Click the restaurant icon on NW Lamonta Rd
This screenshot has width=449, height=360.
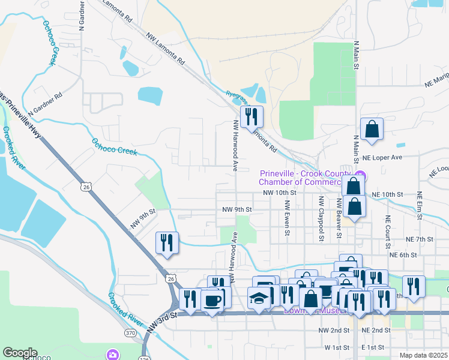point(251,116)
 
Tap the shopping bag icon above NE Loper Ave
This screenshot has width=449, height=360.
point(372,128)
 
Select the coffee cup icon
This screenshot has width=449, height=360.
point(211,299)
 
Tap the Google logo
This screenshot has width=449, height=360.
point(19,353)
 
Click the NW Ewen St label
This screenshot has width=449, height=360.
point(287,217)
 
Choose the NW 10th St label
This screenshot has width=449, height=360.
point(280,193)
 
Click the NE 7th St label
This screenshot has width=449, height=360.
point(419,239)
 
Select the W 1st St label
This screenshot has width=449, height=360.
point(337,347)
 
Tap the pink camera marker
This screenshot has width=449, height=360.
point(112,355)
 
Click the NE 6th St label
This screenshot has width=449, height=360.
point(403,255)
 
